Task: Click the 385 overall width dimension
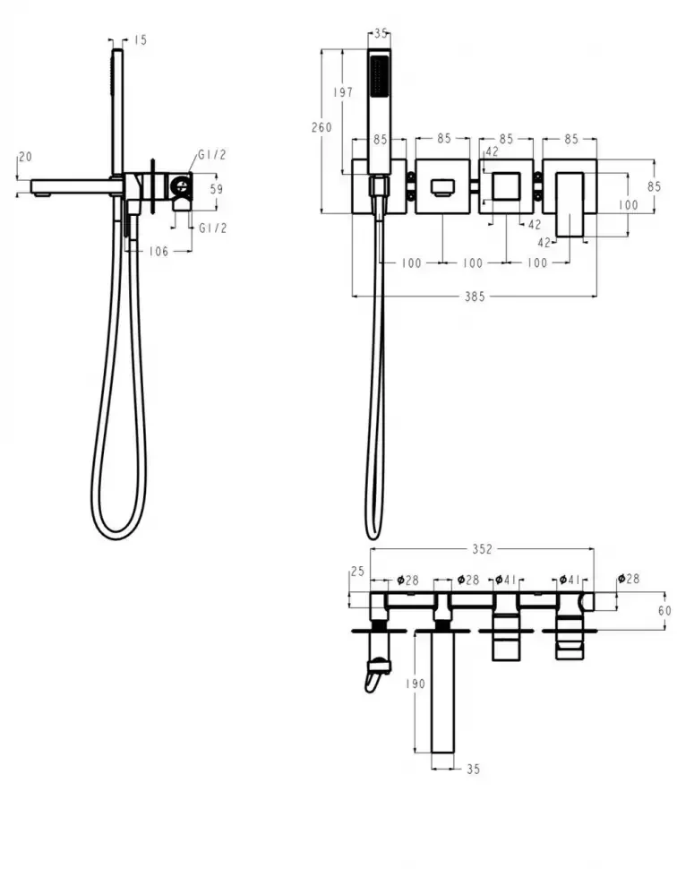click(x=475, y=297)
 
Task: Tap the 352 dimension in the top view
click(x=482, y=548)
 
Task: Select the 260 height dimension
click(x=321, y=127)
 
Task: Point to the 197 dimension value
click(x=343, y=92)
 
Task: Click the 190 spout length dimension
click(x=415, y=684)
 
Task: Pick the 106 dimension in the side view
click(x=159, y=252)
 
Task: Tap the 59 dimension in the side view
click(x=216, y=189)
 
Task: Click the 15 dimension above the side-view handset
click(x=141, y=40)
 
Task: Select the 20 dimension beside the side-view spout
click(x=25, y=157)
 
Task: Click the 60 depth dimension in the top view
click(x=664, y=610)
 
